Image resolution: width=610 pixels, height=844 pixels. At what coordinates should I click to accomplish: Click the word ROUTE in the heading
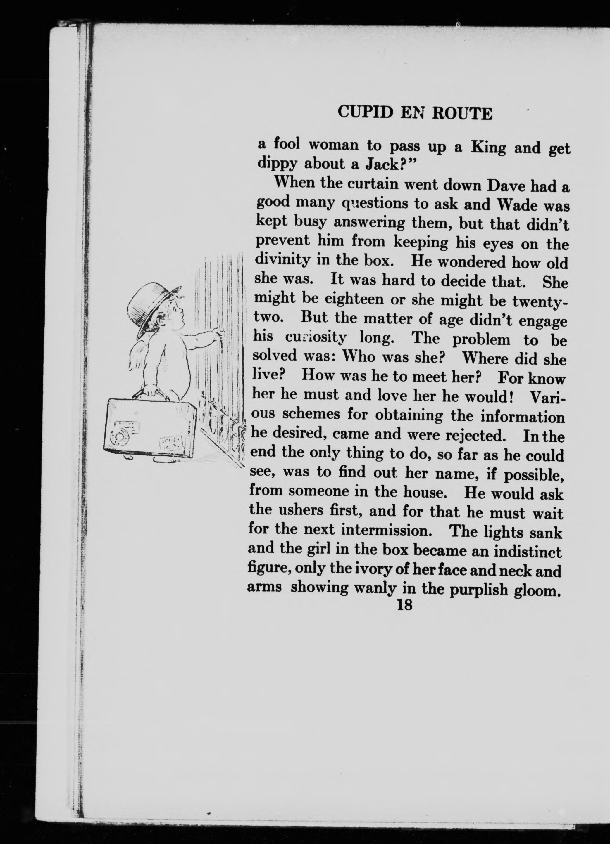[x=462, y=113]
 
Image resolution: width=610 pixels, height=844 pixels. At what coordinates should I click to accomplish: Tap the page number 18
[x=404, y=605]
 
